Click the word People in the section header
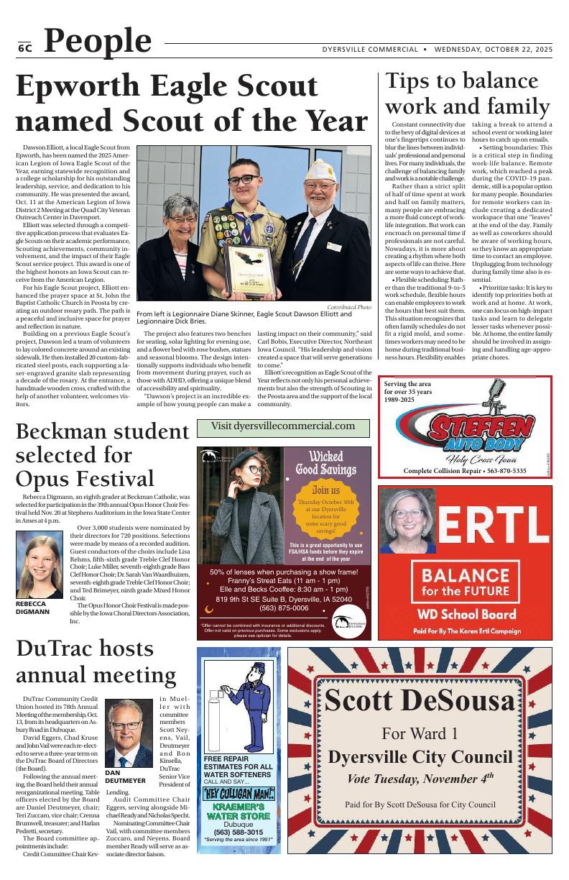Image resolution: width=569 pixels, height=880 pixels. click(x=98, y=42)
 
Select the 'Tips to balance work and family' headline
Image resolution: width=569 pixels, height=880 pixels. click(x=467, y=93)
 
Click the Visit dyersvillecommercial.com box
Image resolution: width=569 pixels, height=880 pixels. click(x=283, y=427)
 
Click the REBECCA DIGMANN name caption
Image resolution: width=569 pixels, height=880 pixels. click(x=32, y=608)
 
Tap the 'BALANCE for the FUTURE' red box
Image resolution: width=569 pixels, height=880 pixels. click(x=465, y=583)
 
